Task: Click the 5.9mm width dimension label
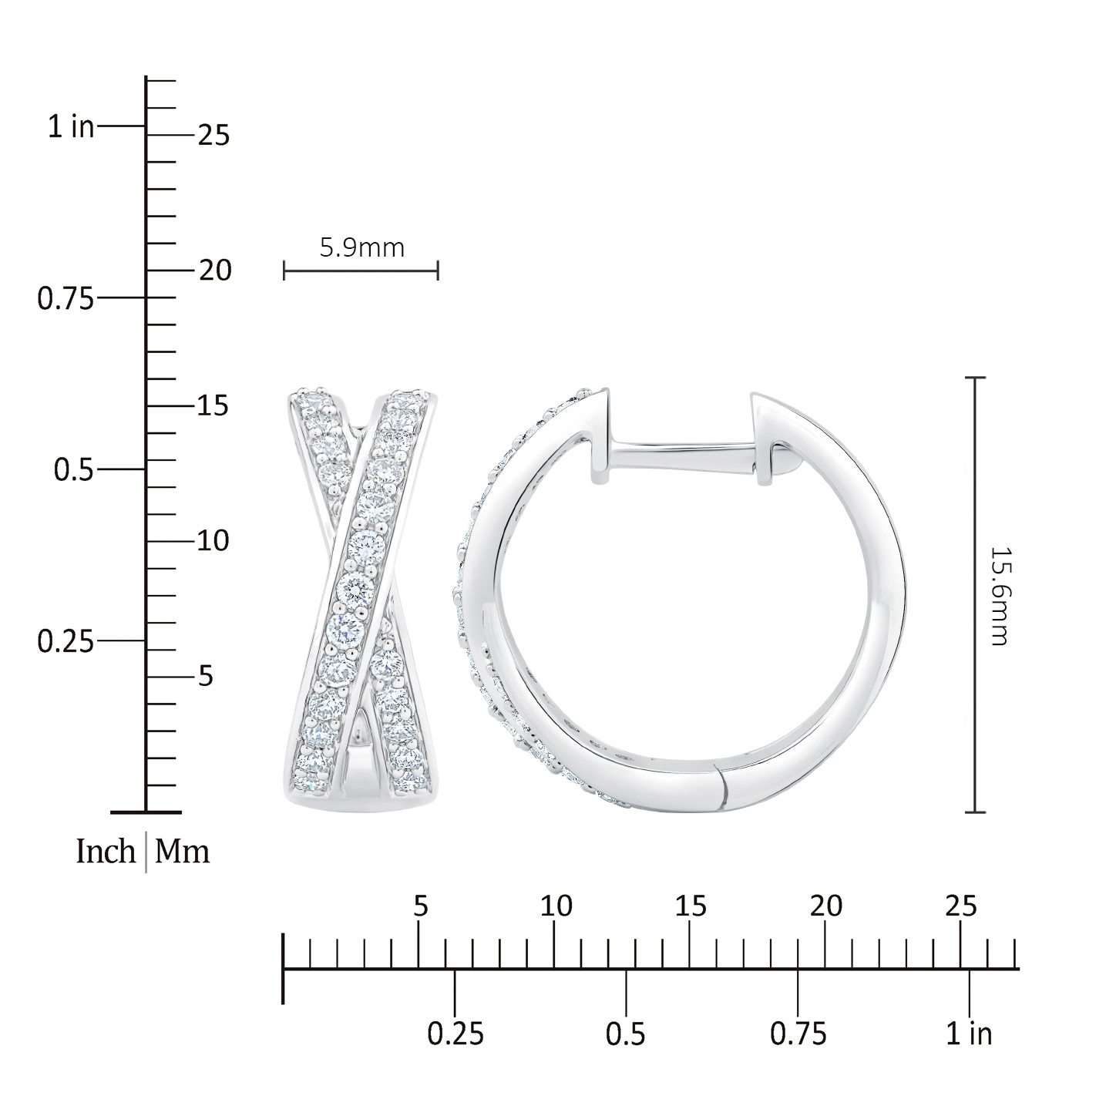362,248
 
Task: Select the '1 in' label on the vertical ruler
71,126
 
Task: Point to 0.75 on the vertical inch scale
66,299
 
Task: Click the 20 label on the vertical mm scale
215,271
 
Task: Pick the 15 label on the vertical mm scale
213,405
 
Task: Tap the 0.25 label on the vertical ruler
66,642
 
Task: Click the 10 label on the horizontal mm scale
556,906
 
